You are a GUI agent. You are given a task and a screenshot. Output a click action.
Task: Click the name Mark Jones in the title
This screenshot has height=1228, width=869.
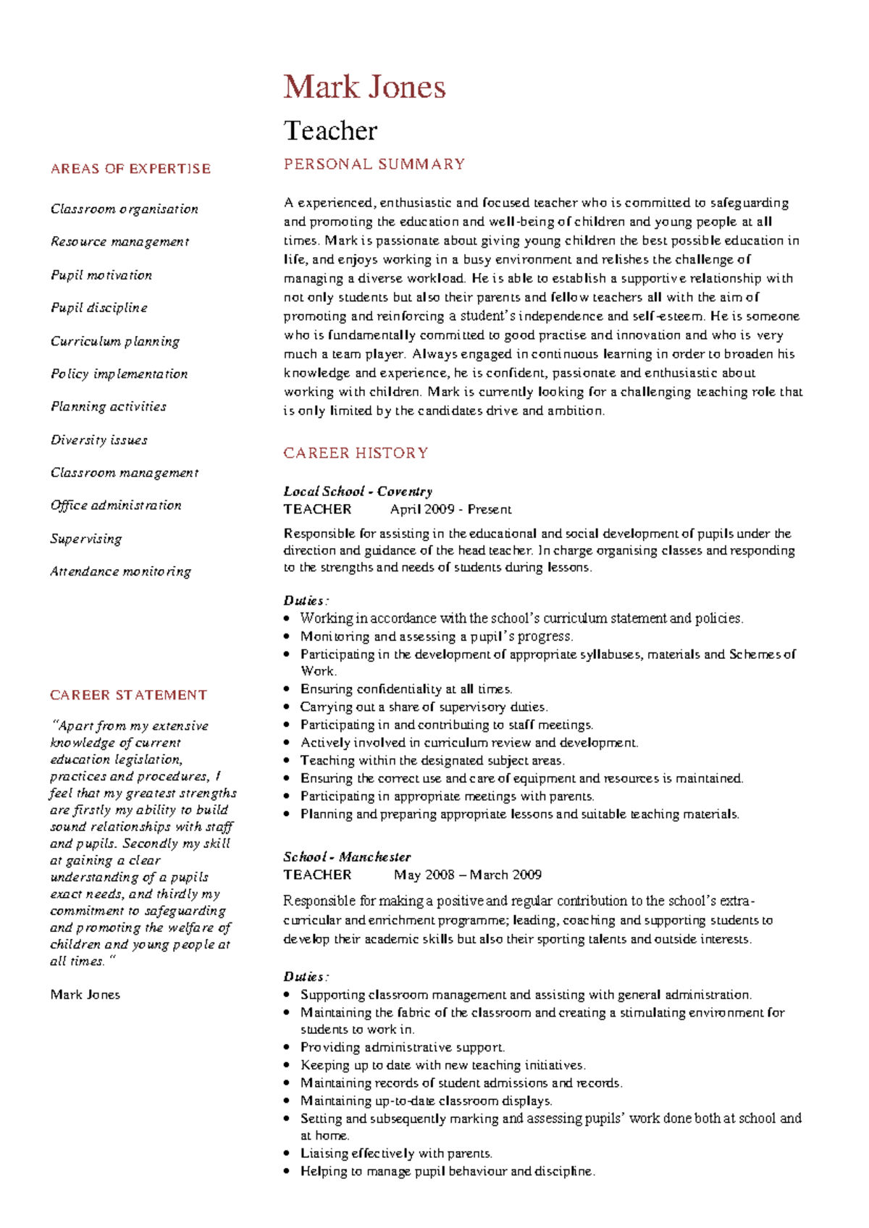pyautogui.click(x=364, y=88)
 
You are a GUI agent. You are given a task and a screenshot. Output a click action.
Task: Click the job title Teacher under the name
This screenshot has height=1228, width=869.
pyautogui.click(x=330, y=131)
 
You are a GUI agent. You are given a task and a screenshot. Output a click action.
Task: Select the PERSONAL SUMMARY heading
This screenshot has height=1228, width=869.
pyautogui.click(x=374, y=164)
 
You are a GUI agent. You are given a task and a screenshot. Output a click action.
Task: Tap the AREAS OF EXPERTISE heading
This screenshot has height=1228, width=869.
pyautogui.click(x=130, y=169)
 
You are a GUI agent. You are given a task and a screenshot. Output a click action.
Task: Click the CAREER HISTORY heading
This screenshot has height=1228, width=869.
pyautogui.click(x=356, y=453)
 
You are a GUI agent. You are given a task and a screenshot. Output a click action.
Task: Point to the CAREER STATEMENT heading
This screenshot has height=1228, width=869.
pyautogui.click(x=128, y=695)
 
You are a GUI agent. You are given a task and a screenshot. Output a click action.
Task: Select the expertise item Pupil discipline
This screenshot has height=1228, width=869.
pyautogui.click(x=99, y=308)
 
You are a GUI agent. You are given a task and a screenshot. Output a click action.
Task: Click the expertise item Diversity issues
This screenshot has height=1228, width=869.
pyautogui.click(x=99, y=440)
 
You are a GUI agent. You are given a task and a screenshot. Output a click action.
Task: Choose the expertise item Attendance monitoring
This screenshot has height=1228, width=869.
pyautogui.click(x=121, y=571)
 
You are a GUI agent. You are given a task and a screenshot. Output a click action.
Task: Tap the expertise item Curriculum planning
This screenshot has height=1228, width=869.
pyautogui.click(x=115, y=341)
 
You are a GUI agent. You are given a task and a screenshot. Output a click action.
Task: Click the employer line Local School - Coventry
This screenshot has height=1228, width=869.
pyautogui.click(x=358, y=492)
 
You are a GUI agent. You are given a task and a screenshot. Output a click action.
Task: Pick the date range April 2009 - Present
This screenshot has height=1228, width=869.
pyautogui.click(x=450, y=510)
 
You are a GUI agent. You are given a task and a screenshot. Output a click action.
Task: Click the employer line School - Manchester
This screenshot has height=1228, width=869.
pyautogui.click(x=347, y=857)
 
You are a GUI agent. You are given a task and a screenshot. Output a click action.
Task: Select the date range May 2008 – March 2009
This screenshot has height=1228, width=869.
pyautogui.click(x=467, y=875)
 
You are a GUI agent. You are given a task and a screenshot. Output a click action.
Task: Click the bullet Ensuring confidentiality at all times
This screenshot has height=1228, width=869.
pyautogui.click(x=406, y=689)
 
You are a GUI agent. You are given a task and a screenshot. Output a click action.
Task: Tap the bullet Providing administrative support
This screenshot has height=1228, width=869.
pyautogui.click(x=403, y=1048)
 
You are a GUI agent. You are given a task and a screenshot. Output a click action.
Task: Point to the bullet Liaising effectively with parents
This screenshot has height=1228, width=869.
pyautogui.click(x=396, y=1153)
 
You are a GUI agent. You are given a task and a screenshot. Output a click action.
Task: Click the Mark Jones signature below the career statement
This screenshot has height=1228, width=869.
pyautogui.click(x=85, y=995)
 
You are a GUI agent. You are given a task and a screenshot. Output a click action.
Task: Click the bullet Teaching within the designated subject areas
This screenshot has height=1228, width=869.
pyautogui.click(x=432, y=761)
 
